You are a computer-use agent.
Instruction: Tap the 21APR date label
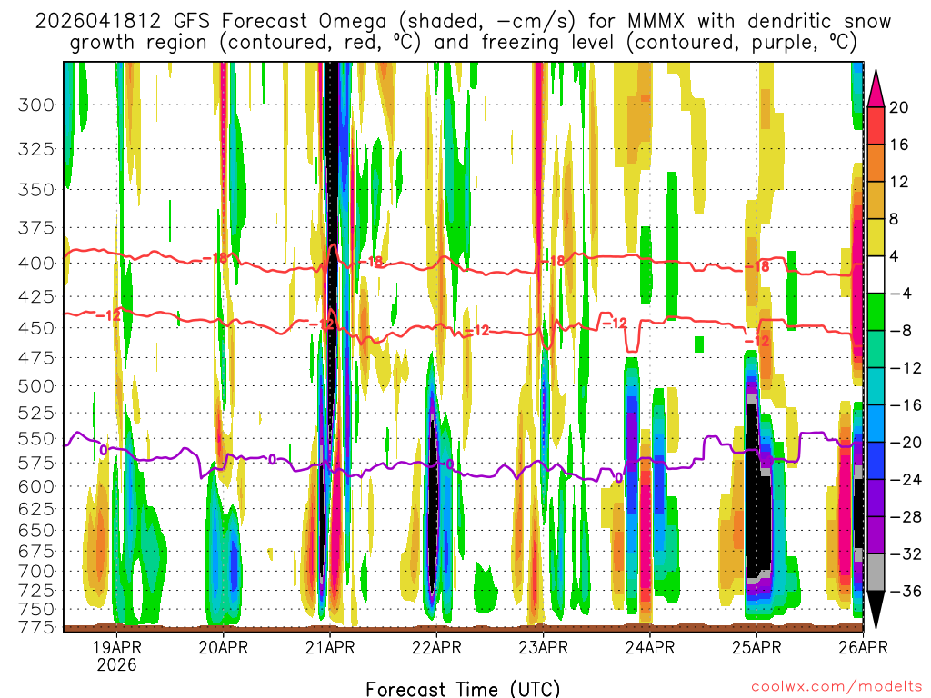329,647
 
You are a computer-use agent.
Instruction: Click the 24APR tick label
649,647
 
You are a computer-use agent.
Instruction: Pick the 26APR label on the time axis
862,647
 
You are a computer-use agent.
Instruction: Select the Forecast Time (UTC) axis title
464,688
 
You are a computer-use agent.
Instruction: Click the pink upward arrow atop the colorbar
876,87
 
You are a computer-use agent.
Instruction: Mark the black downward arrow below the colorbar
876,609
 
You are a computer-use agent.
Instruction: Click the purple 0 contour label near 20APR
272,459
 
